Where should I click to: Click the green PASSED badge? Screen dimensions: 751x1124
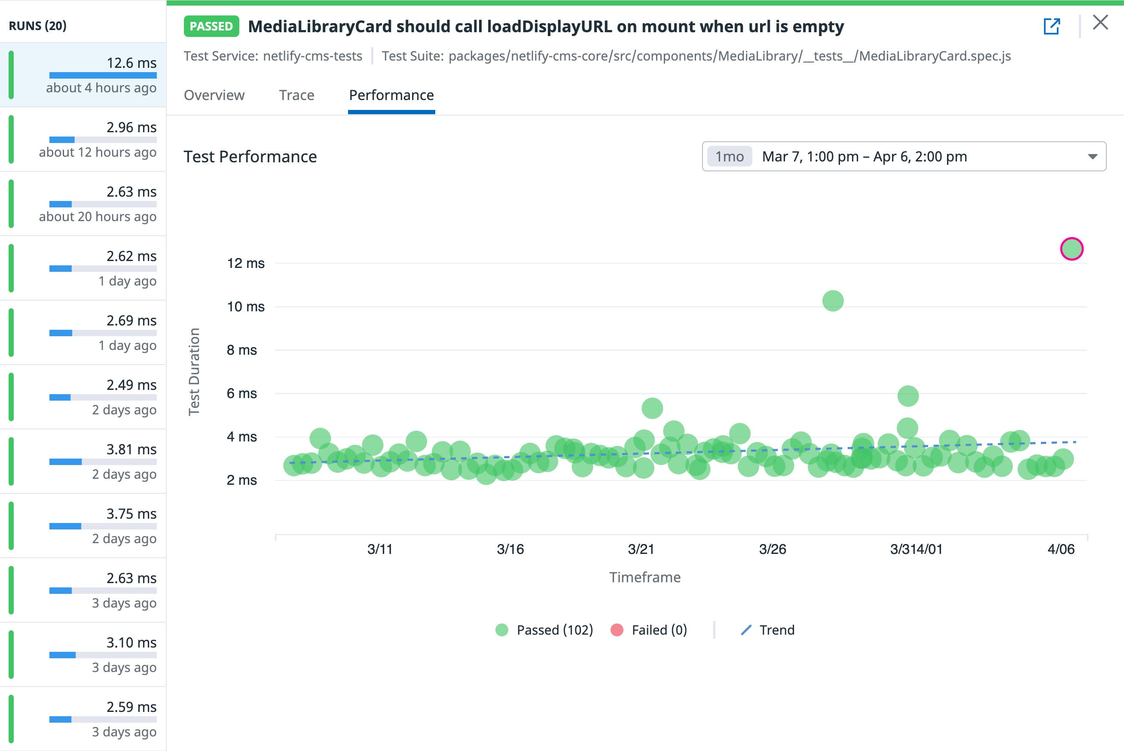click(211, 26)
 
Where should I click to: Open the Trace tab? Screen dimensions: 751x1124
click(296, 95)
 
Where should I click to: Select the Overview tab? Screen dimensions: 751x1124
click(214, 95)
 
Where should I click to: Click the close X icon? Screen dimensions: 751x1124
click(1100, 22)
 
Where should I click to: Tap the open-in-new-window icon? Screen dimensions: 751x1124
click(1051, 26)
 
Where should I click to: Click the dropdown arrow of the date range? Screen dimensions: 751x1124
click(1092, 157)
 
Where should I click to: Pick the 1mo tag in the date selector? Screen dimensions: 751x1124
click(729, 157)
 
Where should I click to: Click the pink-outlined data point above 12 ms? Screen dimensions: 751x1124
click(1072, 249)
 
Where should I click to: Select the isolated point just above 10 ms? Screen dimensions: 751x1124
click(833, 301)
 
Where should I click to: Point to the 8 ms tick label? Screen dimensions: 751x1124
click(242, 350)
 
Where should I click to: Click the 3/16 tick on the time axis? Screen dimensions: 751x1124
click(510, 549)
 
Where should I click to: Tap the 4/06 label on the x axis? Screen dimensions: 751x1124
click(1061, 549)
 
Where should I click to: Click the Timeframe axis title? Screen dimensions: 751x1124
click(645, 578)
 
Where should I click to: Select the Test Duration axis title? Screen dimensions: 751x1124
click(194, 372)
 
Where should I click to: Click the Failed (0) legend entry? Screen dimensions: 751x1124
click(649, 630)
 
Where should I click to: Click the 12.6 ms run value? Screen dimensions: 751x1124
click(131, 63)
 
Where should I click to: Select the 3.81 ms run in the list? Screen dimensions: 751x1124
click(131, 450)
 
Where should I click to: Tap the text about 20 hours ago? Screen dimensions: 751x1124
click(98, 217)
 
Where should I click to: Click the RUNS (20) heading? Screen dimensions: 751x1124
click(38, 26)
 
